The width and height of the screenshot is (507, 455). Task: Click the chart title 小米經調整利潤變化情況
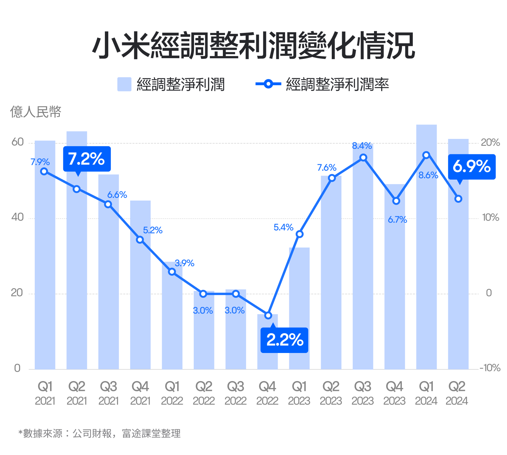click(253, 45)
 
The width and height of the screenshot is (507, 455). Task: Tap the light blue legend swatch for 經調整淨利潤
click(124, 84)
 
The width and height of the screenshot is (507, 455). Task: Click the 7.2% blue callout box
click(87, 159)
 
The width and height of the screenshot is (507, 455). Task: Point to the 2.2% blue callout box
click(284, 340)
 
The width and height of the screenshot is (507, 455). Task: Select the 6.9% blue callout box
click(472, 166)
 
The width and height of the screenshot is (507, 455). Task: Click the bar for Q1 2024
click(426, 250)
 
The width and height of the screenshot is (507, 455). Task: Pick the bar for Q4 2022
click(268, 344)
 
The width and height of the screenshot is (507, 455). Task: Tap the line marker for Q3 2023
click(363, 157)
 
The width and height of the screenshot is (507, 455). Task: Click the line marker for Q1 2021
click(44, 171)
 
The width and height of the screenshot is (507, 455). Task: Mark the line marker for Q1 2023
click(300, 234)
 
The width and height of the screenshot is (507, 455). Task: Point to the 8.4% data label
click(362, 146)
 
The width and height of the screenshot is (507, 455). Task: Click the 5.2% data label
click(153, 230)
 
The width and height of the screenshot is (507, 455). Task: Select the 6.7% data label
click(397, 220)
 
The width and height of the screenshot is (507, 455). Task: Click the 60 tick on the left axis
click(18, 142)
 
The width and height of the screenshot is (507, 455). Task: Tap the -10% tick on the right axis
click(490, 368)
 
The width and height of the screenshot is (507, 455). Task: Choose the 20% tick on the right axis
click(490, 143)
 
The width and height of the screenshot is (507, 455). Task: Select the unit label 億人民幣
click(36, 112)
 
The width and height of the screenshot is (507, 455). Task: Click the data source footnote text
click(100, 433)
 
